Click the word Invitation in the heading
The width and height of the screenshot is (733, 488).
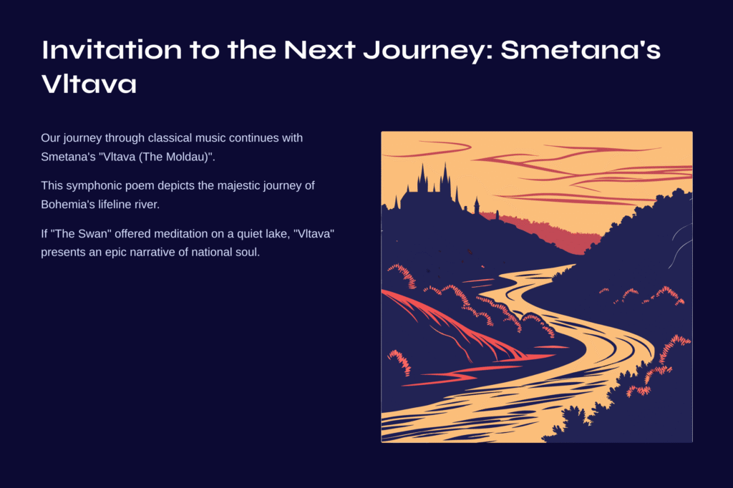coord(112,49)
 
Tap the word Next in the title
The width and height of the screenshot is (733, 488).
coord(319,49)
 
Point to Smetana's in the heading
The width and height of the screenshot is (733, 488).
coord(581,49)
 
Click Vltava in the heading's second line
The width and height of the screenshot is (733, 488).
coord(89,84)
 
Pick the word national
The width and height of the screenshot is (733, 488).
coord(208,252)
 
